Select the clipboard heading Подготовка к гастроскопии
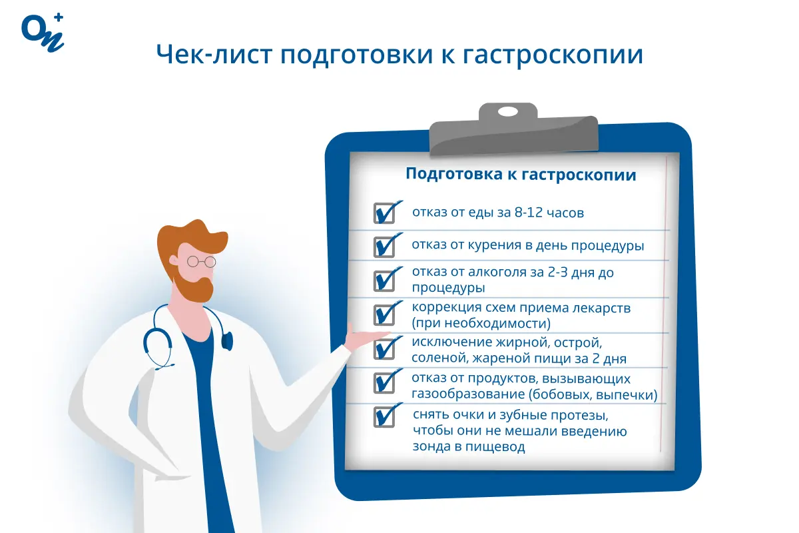point(521,175)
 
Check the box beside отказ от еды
point(384,213)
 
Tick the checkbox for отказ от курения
point(384,246)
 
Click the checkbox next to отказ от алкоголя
point(384,280)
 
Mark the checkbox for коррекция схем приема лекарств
point(384,314)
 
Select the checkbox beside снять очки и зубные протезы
point(384,417)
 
